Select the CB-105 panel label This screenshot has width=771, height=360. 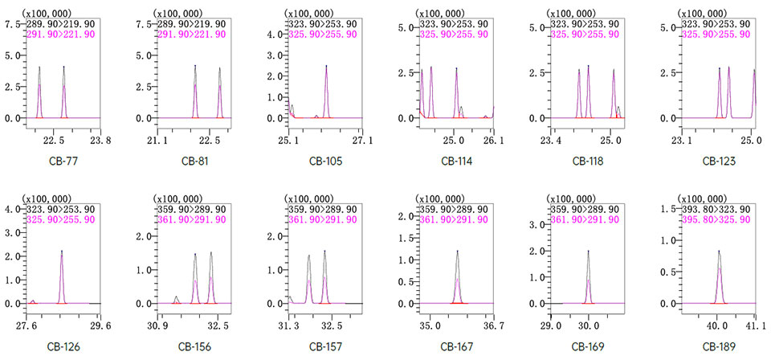tap(325, 161)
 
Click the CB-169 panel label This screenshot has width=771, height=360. tap(588, 346)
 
